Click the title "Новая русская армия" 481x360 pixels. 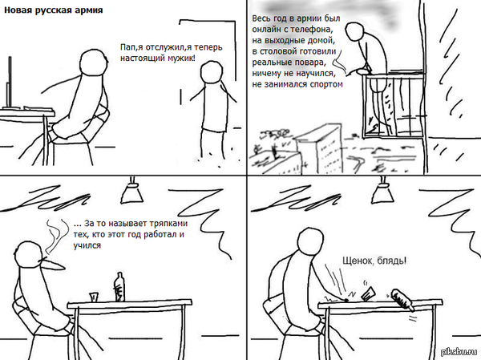pos(54,10)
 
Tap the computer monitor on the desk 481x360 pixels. pos(10,83)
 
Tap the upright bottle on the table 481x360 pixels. pos(119,287)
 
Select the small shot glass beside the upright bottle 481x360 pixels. pos(94,297)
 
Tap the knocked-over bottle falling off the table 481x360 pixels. pos(402,299)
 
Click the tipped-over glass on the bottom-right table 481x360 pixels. pos(368,293)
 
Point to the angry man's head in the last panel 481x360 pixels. pos(311,241)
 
